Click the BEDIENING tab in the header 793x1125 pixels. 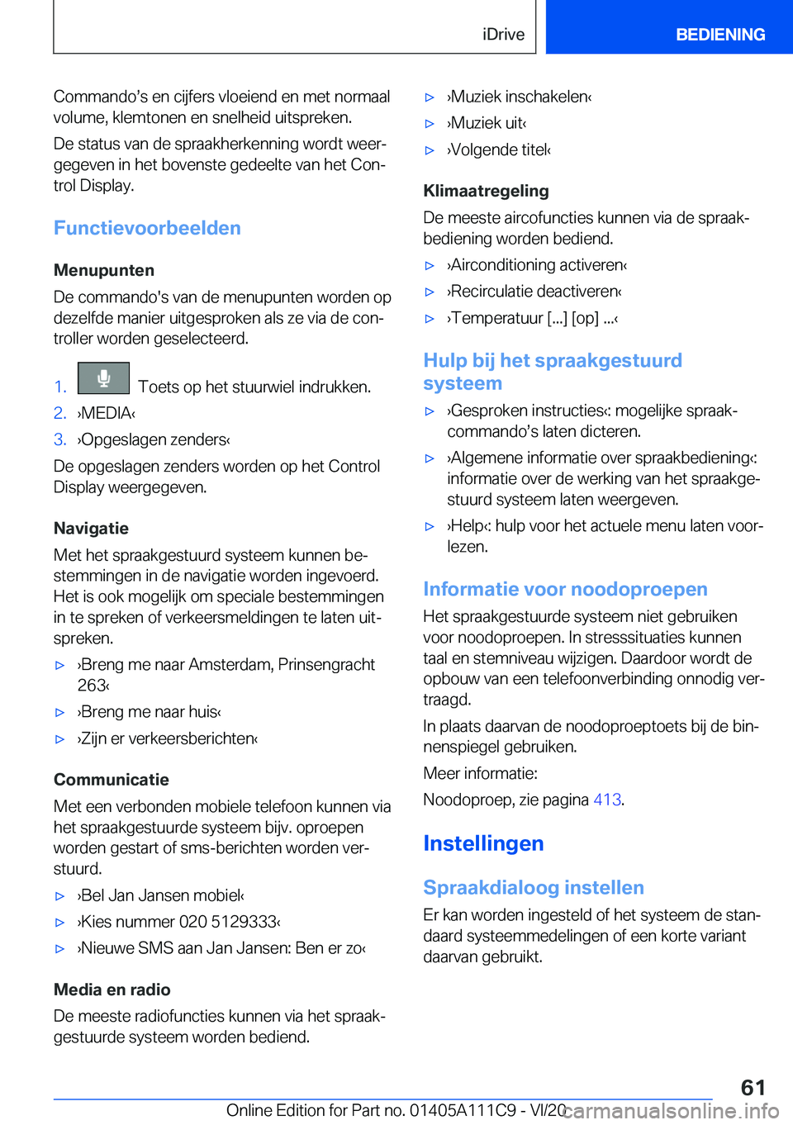719,35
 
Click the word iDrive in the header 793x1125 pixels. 503,35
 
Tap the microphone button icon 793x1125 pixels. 103,378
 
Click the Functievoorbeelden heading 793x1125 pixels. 147,228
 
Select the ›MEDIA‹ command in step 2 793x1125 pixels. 107,413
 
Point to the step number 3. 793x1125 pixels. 59,439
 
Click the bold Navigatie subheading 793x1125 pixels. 91,529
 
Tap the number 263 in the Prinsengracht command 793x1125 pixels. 92,686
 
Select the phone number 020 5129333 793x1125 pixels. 229,922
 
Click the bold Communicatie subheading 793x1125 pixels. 112,780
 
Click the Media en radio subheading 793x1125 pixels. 112,990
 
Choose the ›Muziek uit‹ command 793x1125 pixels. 487,123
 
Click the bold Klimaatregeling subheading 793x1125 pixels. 486,191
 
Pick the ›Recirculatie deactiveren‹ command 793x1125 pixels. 534,292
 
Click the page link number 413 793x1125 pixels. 607,800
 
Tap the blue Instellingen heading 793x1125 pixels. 483,843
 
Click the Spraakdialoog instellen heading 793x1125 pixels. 534,887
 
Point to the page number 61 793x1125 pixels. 753,1087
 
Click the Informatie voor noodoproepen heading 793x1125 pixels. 565,589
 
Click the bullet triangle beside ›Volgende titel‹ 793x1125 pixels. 430,150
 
